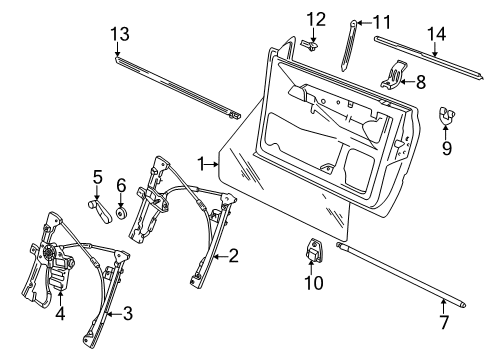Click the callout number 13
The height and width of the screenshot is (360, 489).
tap(120, 34)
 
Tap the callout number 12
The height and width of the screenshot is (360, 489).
tap(316, 19)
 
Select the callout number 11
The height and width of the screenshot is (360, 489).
tap(381, 22)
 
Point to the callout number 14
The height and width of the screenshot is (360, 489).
tap(436, 34)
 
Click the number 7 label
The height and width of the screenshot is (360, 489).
tap(444, 322)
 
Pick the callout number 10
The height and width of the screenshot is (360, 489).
tap(314, 283)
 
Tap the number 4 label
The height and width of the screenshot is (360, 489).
tap(60, 314)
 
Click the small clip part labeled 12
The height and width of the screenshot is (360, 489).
tap(310, 46)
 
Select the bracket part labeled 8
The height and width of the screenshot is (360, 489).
tap(393, 75)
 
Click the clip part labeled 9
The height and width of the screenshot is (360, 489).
tap(446, 115)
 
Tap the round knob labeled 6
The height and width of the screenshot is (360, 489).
tap(121, 213)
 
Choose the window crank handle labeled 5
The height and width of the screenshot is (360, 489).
tap(100, 212)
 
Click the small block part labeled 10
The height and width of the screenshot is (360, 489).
tap(313, 251)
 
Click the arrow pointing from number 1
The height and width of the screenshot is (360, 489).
tap(212, 164)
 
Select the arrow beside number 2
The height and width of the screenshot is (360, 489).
tap(220, 256)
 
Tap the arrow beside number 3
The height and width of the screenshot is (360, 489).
tap(114, 313)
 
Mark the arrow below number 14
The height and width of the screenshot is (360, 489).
tap(434, 49)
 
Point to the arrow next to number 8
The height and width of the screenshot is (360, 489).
tap(407, 81)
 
